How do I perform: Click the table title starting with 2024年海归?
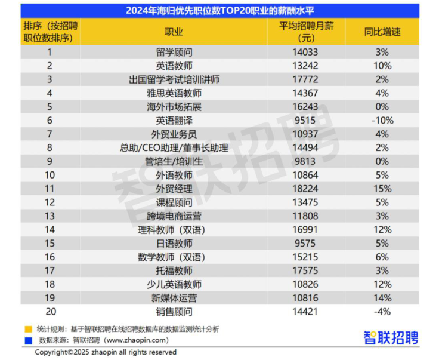(220, 11)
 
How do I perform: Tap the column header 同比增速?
(382, 32)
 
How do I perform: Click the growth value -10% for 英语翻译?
(382, 121)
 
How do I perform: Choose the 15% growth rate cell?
(382, 189)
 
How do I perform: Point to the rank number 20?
(50, 312)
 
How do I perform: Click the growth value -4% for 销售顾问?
(382, 312)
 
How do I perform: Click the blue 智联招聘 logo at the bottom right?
(391, 337)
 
